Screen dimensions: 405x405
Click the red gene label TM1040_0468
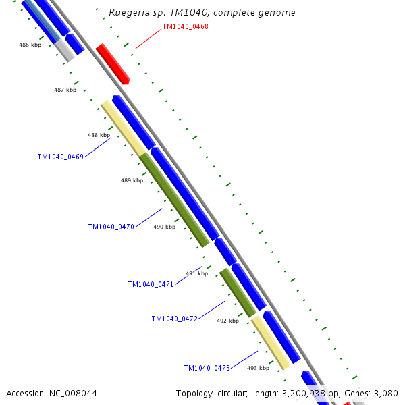[185, 27]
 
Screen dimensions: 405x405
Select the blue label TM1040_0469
[60, 157]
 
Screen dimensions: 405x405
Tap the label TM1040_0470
[111, 227]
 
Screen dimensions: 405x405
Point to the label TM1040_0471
[151, 284]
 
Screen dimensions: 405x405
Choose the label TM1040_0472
[174, 319]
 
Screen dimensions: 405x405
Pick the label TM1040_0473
[207, 368]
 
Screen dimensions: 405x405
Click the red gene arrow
[112, 63]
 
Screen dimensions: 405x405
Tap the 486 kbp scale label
[30, 45]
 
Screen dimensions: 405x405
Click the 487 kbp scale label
[65, 90]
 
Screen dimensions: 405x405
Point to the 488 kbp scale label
[99, 135]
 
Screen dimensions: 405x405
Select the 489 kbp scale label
[132, 180]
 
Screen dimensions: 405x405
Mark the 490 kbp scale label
[164, 227]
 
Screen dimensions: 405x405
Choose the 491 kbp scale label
[196, 273]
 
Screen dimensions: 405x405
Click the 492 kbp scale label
[227, 321]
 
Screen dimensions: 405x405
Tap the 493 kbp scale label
[258, 368]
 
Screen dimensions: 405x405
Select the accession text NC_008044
[74, 393]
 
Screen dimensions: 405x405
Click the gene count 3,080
[385, 393]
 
